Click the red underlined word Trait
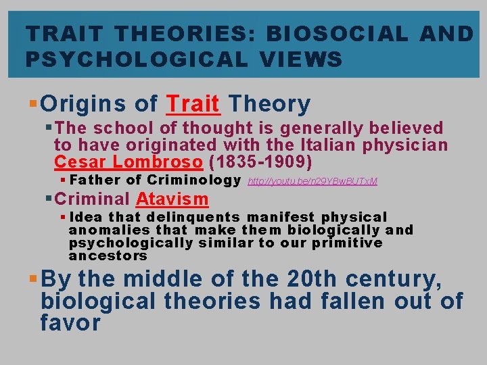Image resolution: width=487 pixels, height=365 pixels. (x=193, y=104)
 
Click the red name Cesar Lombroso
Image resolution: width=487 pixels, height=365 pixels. (x=128, y=162)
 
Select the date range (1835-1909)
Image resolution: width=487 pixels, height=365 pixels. (x=260, y=162)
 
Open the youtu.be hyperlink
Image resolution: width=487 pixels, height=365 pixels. (x=312, y=181)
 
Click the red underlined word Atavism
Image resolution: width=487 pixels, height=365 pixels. (x=172, y=199)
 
